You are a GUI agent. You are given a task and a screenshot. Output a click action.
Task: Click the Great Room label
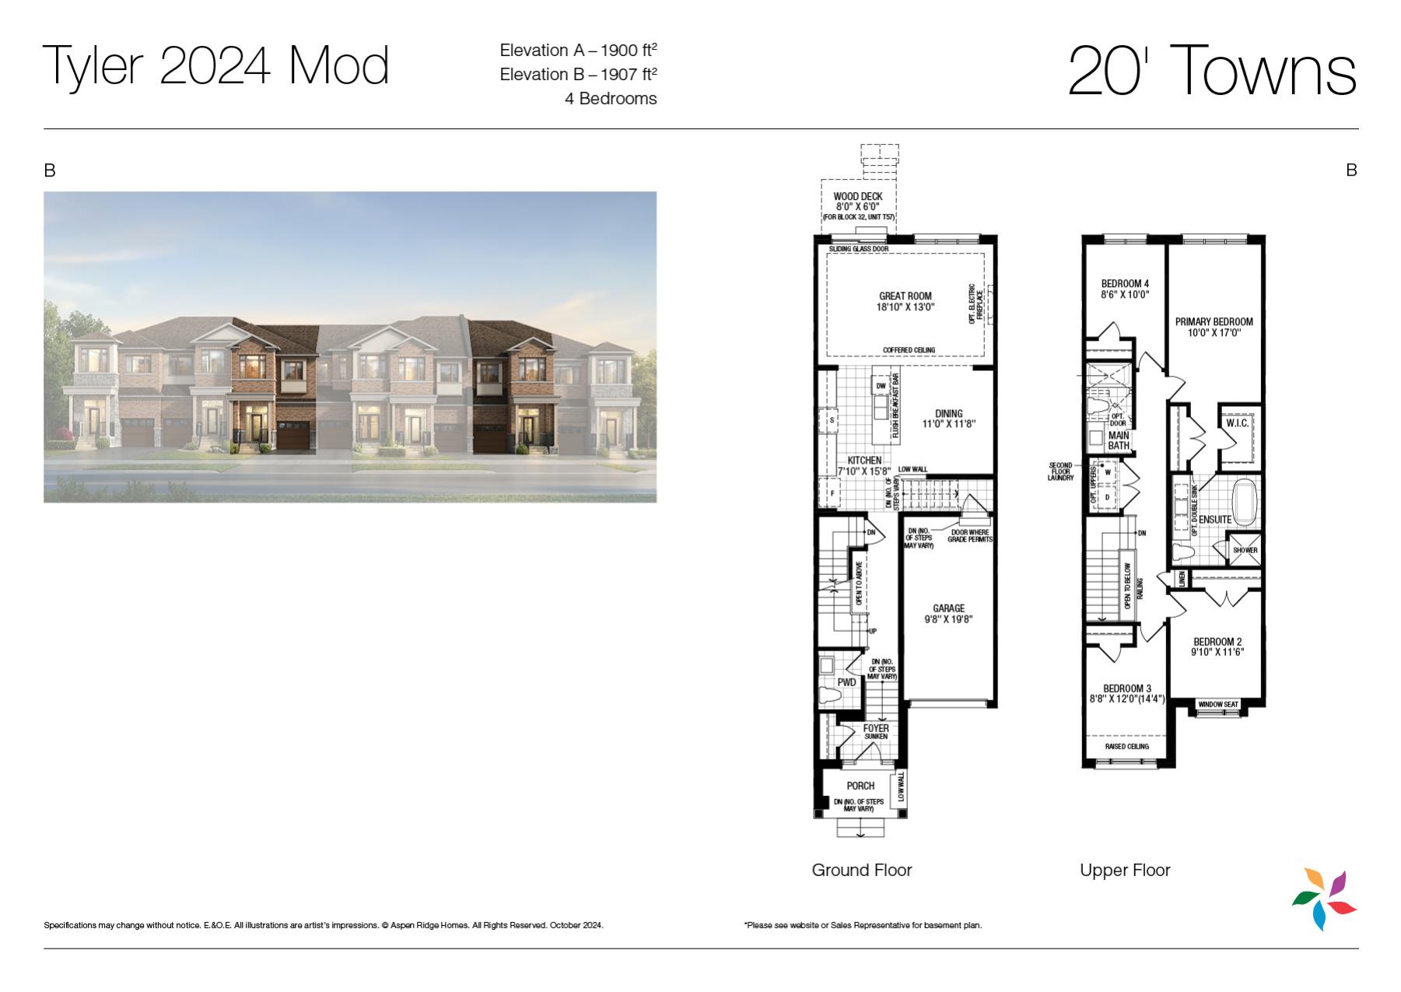pyautogui.click(x=905, y=296)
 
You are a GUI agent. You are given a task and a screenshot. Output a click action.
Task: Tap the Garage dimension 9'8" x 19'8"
pyautogui.click(x=948, y=619)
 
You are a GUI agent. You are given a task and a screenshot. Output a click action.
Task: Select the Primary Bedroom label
pyautogui.click(x=1214, y=321)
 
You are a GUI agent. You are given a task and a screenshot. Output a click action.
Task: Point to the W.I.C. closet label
pyautogui.click(x=1237, y=423)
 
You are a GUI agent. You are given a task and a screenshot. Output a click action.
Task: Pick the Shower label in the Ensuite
pyautogui.click(x=1245, y=550)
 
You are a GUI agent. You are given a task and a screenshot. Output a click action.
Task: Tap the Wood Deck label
pyautogui.click(x=858, y=196)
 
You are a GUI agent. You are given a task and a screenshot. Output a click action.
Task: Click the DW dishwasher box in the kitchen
pyautogui.click(x=881, y=386)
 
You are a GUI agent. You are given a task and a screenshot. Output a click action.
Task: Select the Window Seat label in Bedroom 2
pyautogui.click(x=1218, y=704)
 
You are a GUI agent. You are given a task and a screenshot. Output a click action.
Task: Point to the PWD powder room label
pyautogui.click(x=846, y=682)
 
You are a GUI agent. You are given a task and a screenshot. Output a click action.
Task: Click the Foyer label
pyautogui.click(x=876, y=728)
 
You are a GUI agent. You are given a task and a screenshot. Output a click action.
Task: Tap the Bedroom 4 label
pyautogui.click(x=1125, y=283)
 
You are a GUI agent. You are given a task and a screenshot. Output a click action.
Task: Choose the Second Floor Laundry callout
pyautogui.click(x=1060, y=471)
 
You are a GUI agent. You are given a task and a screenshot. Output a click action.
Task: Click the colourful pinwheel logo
pyautogui.click(x=1324, y=899)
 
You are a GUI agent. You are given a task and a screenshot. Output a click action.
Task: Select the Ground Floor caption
pyautogui.click(x=862, y=870)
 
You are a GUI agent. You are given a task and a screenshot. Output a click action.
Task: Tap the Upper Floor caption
pyautogui.click(x=1125, y=870)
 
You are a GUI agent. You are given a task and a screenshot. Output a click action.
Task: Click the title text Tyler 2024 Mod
pyautogui.click(x=215, y=67)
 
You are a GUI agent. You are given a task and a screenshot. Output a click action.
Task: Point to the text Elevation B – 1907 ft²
pyautogui.click(x=578, y=74)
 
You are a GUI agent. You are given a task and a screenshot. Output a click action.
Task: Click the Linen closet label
pyautogui.click(x=1182, y=579)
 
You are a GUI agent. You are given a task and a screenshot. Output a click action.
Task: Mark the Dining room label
pyautogui.click(x=948, y=414)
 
